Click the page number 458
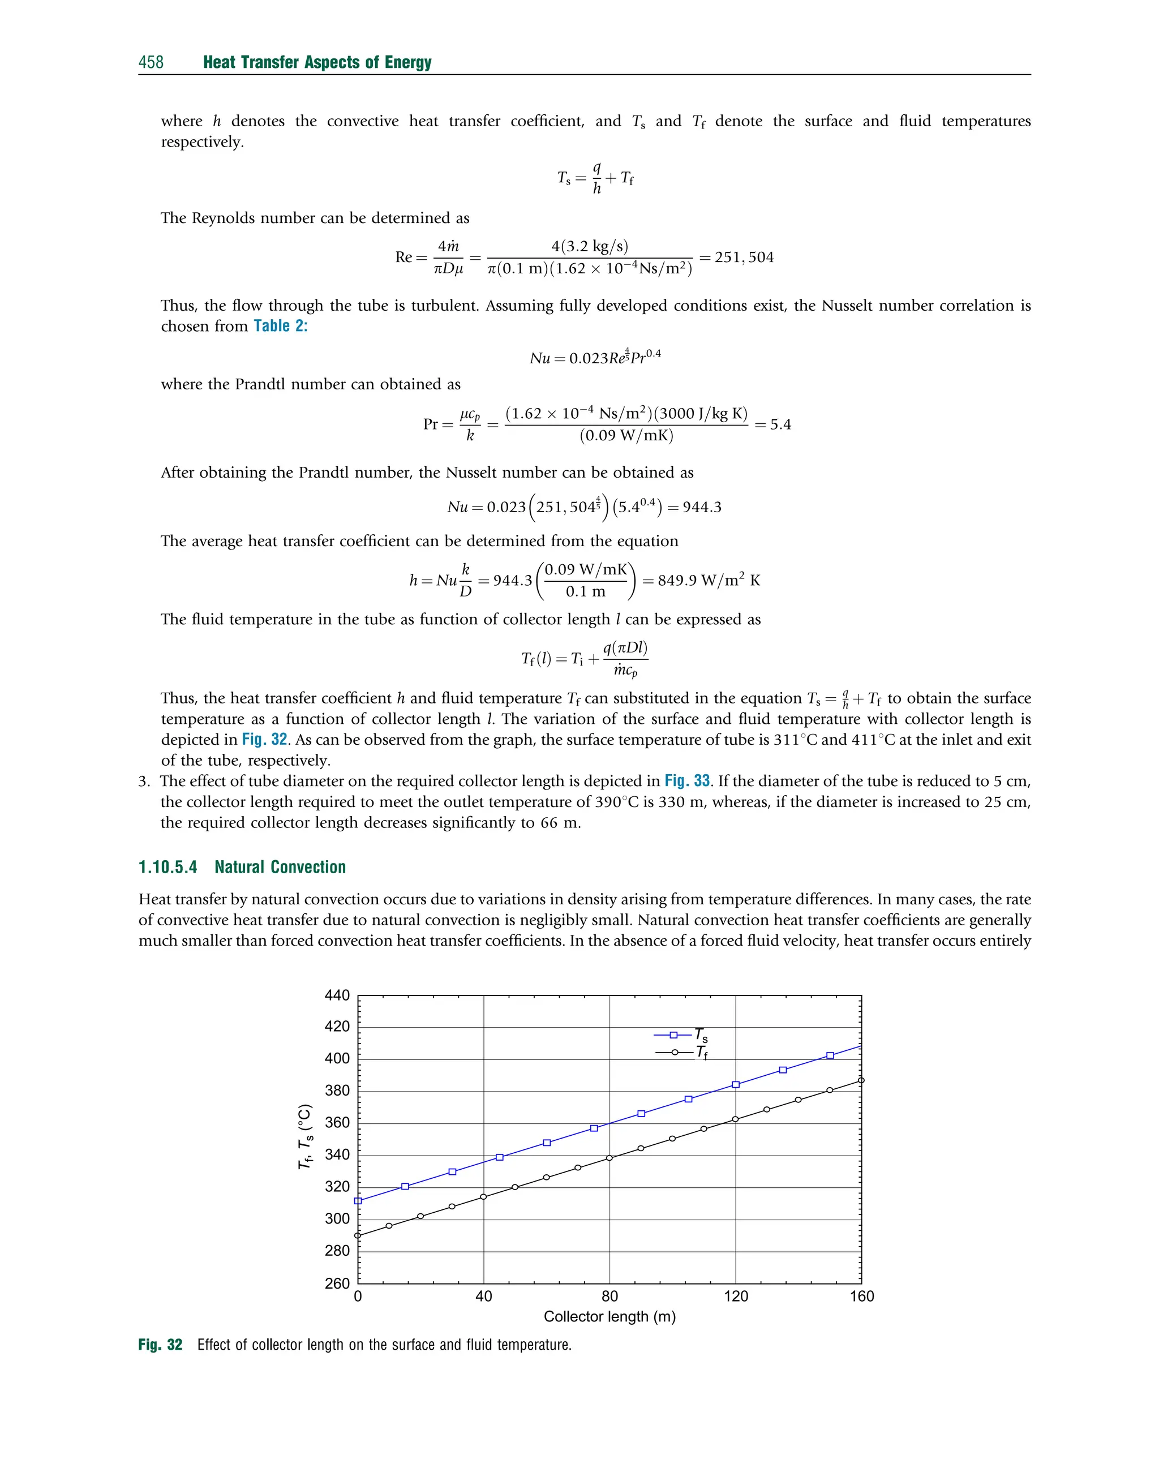point(151,62)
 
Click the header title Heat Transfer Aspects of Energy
point(317,62)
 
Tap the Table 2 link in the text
point(280,327)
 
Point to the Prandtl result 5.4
point(780,424)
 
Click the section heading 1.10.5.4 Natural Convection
point(242,867)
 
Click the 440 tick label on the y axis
point(337,996)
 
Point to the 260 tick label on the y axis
point(337,1283)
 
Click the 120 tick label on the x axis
point(736,1297)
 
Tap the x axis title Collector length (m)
point(609,1317)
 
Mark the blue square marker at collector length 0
point(358,1201)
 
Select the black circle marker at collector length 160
point(861,1081)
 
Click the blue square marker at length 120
point(736,1085)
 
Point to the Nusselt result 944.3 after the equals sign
point(702,508)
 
